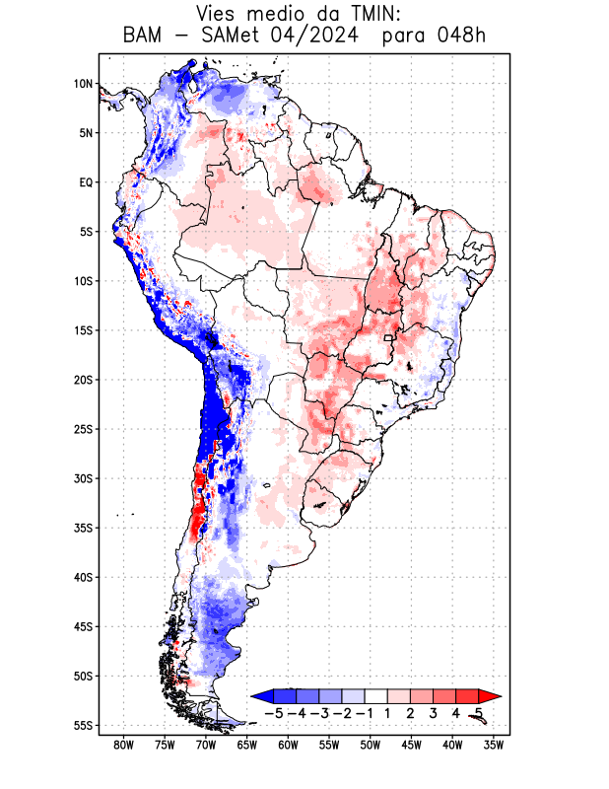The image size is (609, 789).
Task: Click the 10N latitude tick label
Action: (x=83, y=84)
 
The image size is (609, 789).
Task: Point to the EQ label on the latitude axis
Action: (x=86, y=182)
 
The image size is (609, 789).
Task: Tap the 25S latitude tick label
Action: (x=83, y=429)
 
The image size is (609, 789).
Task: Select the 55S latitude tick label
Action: (x=83, y=725)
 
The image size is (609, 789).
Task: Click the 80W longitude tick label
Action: (x=123, y=745)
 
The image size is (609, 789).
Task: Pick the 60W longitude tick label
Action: (x=288, y=745)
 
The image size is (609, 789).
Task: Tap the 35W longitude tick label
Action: (x=494, y=745)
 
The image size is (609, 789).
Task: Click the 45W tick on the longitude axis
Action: (x=411, y=745)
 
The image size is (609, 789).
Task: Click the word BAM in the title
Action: (x=144, y=36)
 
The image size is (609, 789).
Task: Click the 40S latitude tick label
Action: (x=83, y=577)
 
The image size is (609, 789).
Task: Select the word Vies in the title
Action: (x=218, y=14)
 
